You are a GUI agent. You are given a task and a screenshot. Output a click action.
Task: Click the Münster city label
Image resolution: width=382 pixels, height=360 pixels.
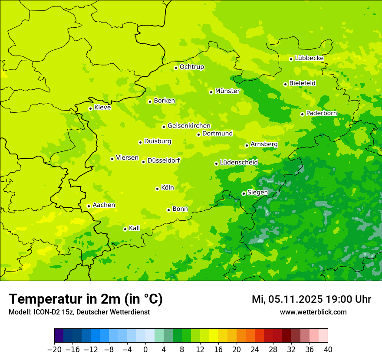227,91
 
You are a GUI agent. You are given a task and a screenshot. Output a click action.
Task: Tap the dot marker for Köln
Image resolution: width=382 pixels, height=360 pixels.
157,189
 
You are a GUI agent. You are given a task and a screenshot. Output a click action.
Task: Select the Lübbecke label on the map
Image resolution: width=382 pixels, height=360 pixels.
309,58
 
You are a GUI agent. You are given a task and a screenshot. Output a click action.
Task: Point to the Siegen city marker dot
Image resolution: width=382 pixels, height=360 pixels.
244,193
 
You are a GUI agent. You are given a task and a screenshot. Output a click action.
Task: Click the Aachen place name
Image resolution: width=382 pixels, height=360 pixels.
104,205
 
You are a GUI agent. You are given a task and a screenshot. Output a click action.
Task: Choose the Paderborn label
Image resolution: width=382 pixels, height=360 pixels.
321,113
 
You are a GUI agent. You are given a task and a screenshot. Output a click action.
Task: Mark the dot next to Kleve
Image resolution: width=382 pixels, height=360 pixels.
90,108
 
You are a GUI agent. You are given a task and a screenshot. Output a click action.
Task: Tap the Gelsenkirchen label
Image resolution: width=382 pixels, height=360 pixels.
189,126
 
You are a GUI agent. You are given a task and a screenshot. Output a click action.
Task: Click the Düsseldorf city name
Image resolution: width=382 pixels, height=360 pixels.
164,160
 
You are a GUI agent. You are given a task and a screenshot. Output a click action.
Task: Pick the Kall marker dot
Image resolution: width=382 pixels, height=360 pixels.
125,229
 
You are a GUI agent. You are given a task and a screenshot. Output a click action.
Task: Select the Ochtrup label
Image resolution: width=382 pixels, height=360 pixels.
191,67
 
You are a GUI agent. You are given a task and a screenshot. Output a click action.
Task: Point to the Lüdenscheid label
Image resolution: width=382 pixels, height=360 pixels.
239,163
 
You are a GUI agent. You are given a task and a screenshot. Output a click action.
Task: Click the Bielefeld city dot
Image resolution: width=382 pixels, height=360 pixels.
285,84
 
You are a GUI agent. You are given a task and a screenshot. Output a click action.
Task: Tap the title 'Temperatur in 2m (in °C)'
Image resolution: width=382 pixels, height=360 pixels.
86,299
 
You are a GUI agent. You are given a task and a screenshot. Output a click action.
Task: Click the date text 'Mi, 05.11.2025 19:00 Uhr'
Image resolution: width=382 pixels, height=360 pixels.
311,299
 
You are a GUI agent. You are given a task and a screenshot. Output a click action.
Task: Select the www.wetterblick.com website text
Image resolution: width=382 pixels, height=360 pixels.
313,312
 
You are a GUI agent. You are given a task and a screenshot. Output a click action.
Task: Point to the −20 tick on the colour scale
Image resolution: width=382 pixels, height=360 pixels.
54,350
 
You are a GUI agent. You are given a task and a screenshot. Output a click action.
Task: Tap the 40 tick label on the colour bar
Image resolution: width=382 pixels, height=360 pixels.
328,350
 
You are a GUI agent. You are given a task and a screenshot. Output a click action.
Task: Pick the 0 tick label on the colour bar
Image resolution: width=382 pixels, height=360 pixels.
145,350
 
